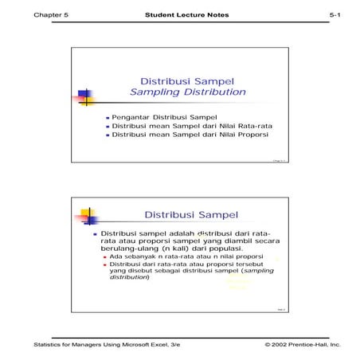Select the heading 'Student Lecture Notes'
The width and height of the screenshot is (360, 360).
pos(179,16)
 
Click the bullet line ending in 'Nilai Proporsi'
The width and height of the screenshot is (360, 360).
pos(179,135)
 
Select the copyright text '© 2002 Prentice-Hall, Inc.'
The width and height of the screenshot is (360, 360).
pos(297,345)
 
